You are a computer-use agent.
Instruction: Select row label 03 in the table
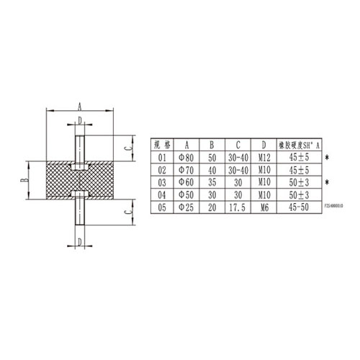pos(161,181)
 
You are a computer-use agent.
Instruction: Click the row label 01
pos(161,156)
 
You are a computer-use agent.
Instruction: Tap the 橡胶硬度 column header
pos(297,143)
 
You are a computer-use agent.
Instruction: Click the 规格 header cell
pos(161,143)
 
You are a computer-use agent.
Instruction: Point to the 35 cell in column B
pos(212,181)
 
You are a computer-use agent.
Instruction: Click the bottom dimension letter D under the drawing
pos(79,240)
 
